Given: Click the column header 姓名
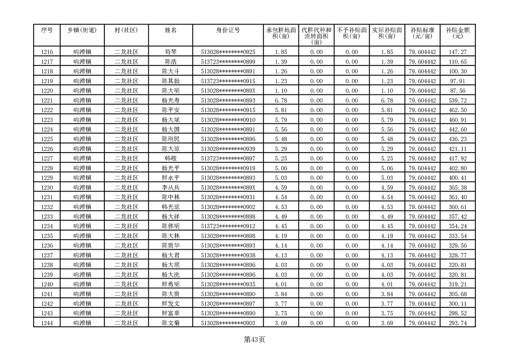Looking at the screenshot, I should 171,30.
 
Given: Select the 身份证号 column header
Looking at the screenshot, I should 228,30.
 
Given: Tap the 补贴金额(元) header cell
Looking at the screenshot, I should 457,33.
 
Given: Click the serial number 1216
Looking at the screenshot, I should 47,52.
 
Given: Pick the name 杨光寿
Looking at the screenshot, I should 171,100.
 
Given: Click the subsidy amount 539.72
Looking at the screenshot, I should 457,100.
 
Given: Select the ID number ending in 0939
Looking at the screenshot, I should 228,148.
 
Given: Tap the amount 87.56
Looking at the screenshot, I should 457,91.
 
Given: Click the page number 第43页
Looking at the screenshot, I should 254,339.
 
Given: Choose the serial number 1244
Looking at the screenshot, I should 47,323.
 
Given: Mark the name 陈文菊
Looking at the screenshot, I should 171,323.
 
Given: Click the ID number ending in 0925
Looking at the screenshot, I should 228,52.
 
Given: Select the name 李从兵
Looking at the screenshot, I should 171,187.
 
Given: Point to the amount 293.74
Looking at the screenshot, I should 457,323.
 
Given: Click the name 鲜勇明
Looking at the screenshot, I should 171,284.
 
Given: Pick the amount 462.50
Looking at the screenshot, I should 457,110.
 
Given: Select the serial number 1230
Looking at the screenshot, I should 47,187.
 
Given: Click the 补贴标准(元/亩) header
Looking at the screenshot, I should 422,33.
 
